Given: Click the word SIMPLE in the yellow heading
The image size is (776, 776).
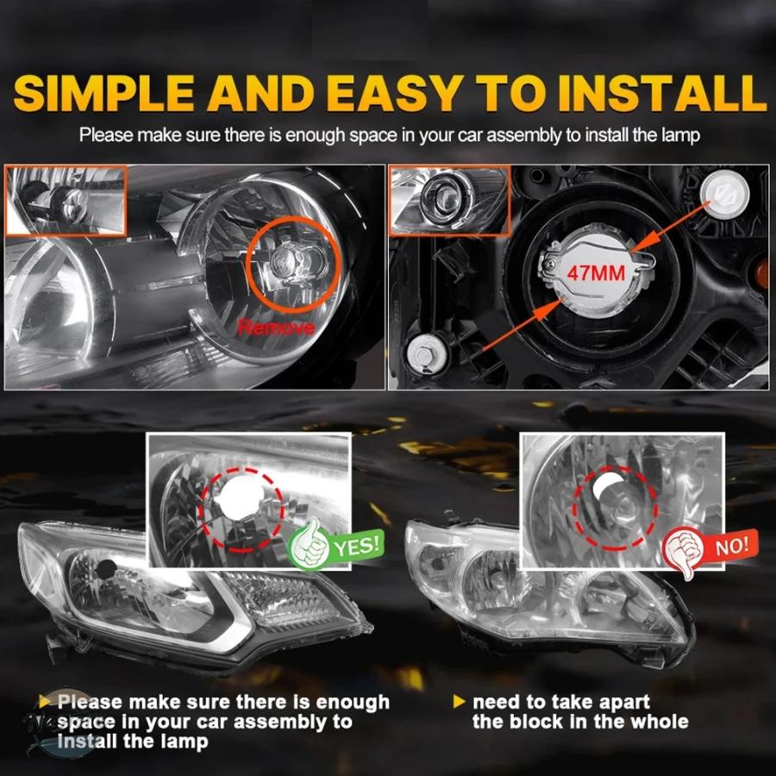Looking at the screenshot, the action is [x=103, y=93].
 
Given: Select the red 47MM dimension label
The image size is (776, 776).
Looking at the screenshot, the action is [x=596, y=272].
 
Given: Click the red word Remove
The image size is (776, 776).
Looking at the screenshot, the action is [x=276, y=327].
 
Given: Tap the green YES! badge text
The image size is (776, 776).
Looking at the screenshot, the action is [x=358, y=545].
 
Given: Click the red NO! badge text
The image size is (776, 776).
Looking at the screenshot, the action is [x=732, y=546].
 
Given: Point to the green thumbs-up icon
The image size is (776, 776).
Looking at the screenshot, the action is [x=309, y=543].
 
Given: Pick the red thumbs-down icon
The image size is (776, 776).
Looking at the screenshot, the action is [x=683, y=550].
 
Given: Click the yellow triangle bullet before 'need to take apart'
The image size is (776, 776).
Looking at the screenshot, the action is [x=460, y=701].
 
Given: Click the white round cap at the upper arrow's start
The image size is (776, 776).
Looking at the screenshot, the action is [x=725, y=193].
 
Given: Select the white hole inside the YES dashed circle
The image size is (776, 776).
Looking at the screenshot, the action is [x=240, y=498].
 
